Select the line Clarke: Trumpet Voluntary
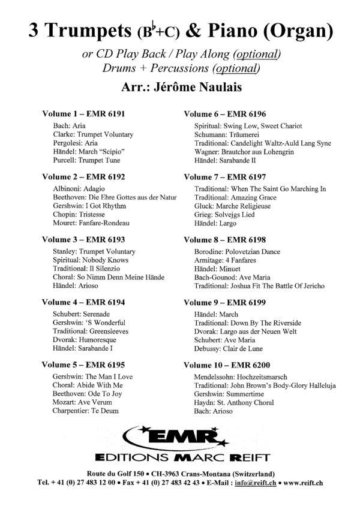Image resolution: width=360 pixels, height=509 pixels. (93, 135)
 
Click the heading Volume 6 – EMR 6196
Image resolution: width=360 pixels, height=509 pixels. (225, 113)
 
